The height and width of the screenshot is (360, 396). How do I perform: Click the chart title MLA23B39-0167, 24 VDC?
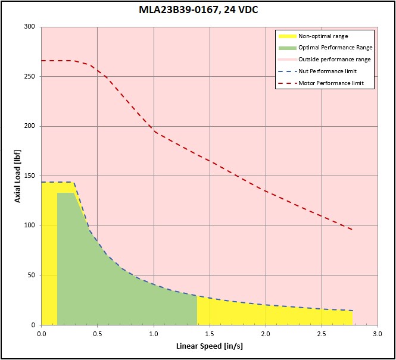198,10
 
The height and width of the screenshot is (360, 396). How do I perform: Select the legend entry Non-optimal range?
323,36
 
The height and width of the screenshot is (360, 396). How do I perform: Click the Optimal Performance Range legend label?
335,48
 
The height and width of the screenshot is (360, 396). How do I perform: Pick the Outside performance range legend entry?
335,60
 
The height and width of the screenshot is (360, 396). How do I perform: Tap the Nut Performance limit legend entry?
328,71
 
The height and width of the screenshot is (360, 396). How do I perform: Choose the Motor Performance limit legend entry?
331,83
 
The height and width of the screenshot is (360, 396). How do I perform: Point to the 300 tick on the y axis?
30,27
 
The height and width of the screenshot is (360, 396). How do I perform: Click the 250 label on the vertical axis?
30,76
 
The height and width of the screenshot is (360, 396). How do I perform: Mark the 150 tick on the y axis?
30,176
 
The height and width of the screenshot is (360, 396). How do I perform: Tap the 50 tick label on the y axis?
32,276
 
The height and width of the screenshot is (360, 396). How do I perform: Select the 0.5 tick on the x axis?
98,334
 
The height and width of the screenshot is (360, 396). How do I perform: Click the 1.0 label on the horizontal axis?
154,334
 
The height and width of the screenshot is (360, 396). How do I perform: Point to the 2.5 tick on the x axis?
322,334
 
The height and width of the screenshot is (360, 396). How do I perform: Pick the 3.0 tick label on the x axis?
378,334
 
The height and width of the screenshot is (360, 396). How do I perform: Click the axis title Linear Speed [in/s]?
210,346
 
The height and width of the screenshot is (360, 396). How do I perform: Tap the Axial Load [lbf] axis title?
17,176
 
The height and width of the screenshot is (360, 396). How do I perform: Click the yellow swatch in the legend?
287,36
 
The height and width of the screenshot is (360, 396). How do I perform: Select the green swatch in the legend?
287,48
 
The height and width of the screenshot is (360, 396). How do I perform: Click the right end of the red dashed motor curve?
353,230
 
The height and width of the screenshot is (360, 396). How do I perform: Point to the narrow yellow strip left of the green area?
49,253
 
